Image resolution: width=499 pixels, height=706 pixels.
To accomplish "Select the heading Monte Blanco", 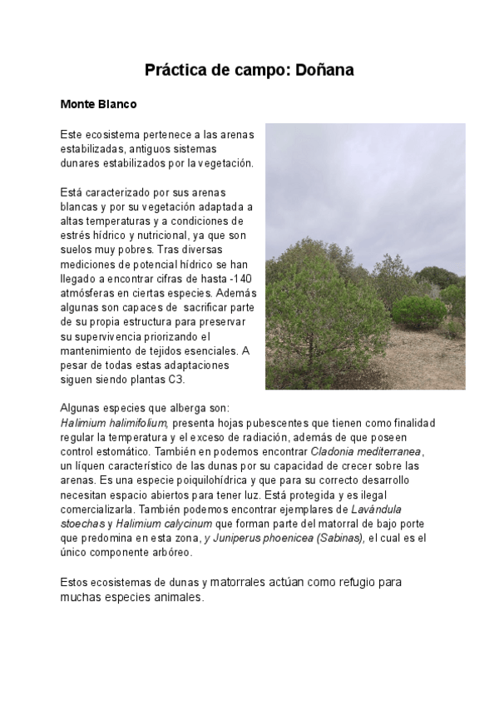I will coord(98,106).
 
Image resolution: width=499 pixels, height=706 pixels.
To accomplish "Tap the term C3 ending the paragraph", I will coord(176,380).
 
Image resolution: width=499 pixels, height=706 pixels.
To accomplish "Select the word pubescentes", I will coord(271,423).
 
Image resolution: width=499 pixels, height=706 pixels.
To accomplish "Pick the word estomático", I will coord(126,451).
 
